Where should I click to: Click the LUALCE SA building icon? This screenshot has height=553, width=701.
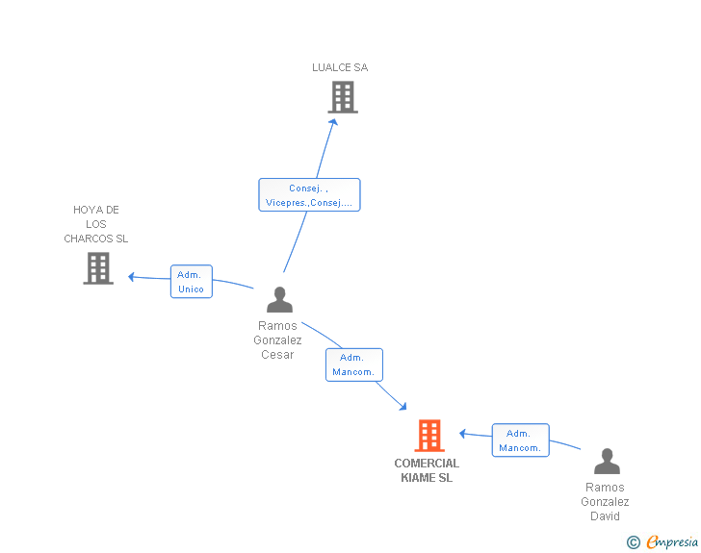tap(343, 97)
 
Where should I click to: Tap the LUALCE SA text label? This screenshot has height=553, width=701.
tap(340, 67)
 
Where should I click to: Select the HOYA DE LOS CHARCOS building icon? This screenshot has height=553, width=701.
tap(98, 268)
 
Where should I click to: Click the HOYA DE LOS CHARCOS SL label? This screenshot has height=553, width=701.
tap(96, 224)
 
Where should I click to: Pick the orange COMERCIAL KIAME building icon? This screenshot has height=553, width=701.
tap(429, 436)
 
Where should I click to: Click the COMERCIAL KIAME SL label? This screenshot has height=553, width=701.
tap(427, 470)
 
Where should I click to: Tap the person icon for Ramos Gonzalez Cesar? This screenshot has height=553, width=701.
tap(280, 299)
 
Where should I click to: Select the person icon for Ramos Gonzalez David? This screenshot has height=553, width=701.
tap(607, 461)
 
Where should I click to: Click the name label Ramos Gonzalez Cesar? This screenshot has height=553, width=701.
tap(277, 339)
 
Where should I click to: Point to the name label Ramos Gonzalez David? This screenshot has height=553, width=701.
tap(605, 502)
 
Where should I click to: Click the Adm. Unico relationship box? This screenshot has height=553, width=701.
tap(192, 282)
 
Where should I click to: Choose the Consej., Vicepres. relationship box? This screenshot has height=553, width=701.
tap(309, 195)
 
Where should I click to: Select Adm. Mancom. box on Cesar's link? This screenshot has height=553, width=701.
tap(354, 364)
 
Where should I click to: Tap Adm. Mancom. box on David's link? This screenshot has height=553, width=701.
tap(520, 440)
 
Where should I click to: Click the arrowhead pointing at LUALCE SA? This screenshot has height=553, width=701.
tap(334, 122)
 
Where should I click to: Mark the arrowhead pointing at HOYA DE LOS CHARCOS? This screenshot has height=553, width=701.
tap(131, 277)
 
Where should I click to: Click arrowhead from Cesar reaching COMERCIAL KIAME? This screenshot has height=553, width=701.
tap(403, 406)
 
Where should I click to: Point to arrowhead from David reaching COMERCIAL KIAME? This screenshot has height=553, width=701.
tap(463, 433)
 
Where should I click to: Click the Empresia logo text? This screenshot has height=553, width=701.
tap(672, 541)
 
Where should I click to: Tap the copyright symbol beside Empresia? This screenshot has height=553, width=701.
tap(634, 542)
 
